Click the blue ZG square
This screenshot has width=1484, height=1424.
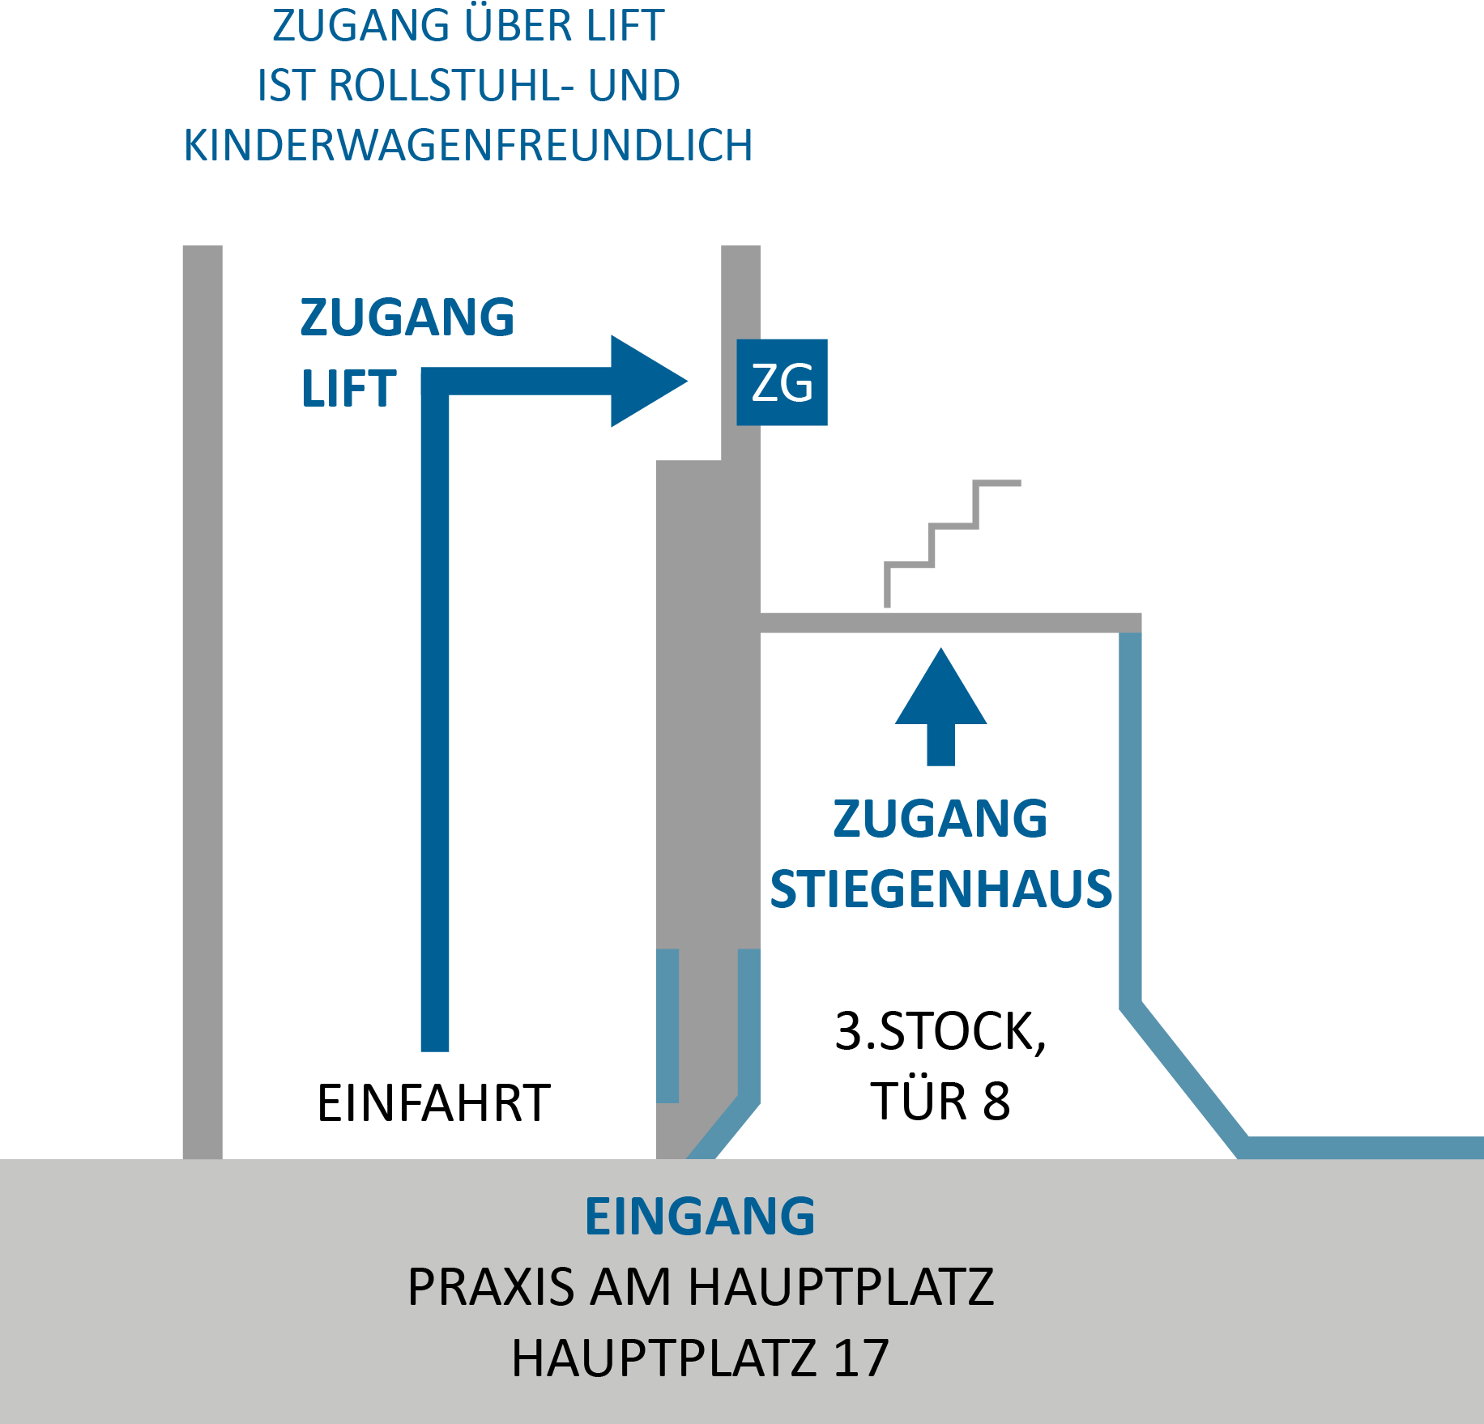coord(782,382)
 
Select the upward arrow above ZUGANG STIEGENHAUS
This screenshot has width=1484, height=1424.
coord(940,706)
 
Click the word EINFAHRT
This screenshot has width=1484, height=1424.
coord(433,1102)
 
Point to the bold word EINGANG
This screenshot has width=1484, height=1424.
coord(700,1216)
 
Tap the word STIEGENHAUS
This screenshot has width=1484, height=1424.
coord(940,889)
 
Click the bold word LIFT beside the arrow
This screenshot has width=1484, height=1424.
coord(348,388)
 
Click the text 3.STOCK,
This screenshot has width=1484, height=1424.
coord(940,1032)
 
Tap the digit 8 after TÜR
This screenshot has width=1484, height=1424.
coord(996,1102)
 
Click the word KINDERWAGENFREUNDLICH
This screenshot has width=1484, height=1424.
coord(468,145)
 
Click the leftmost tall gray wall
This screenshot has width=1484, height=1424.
coord(203,701)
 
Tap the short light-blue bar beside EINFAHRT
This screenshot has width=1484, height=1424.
coord(667,1025)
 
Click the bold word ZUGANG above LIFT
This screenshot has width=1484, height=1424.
coord(407,317)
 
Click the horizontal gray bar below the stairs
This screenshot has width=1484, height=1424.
coord(951,623)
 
